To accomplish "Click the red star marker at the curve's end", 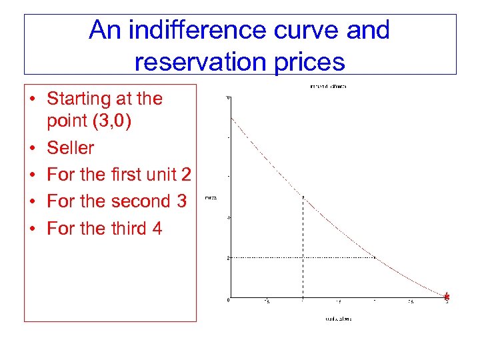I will point(447,297).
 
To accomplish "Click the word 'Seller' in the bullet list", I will point(70,147).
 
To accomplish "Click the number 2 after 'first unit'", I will point(186,174).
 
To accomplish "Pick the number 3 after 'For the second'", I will point(181,201).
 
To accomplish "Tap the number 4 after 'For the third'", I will point(157,228).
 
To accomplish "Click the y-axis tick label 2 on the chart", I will point(228,257).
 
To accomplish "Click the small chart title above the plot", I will point(327,87).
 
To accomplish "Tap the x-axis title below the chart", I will point(338,319).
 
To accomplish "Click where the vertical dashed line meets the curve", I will point(303,197).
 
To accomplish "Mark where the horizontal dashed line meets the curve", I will point(375,257).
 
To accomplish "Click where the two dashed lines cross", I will point(303,257).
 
